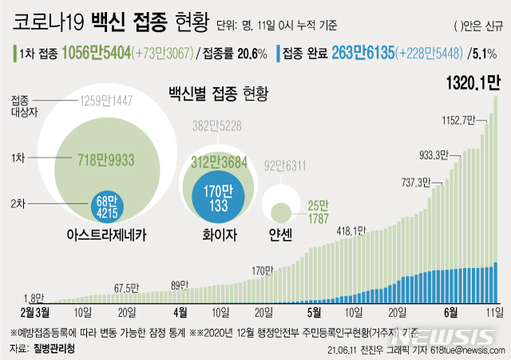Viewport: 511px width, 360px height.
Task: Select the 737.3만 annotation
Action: (x=416, y=182)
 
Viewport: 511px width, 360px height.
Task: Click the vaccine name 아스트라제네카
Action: (x=107, y=235)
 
